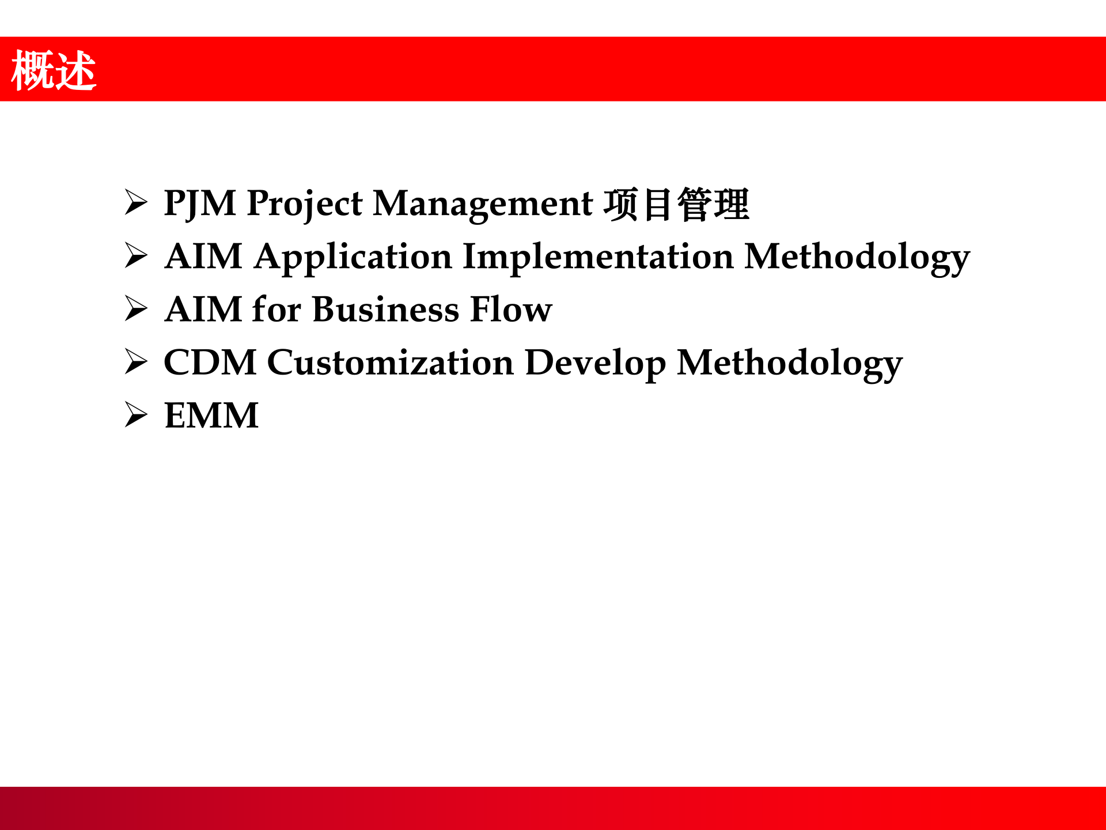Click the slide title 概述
coord(54,70)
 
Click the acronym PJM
coord(200,203)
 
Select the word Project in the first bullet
coord(305,205)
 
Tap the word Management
coord(483,205)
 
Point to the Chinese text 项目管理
coord(676,204)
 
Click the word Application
coord(353,258)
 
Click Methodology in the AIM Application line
coord(857,258)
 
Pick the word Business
coord(385,310)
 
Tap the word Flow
coord(511,310)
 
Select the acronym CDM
coord(210,363)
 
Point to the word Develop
coord(596,364)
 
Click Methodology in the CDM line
coord(790,364)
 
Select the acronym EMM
coord(211,416)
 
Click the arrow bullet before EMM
coord(137,415)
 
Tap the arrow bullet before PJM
coord(137,203)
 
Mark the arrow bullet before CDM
coord(137,362)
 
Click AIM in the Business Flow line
coord(203,310)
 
